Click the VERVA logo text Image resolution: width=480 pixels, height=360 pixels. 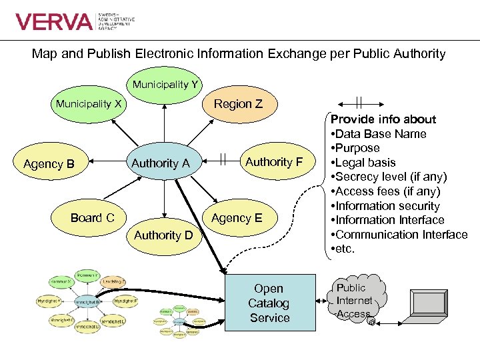coord(54,22)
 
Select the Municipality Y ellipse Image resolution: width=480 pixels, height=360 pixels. coord(165,85)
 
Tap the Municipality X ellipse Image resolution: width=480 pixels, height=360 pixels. coord(89,104)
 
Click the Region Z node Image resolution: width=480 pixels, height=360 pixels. coord(238,104)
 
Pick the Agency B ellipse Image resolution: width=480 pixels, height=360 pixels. coord(48,163)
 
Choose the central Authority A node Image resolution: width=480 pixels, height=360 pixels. coord(161,163)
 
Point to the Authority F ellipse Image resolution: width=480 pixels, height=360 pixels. coord(273,162)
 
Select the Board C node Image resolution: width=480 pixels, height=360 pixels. coord(93,218)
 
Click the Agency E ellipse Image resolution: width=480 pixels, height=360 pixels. coord(237,218)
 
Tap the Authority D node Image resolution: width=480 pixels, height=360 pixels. coord(163,235)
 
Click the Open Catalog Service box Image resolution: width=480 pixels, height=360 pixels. coord(269,303)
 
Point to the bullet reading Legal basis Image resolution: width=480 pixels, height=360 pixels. coord(364,163)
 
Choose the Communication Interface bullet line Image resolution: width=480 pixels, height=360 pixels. coord(400,235)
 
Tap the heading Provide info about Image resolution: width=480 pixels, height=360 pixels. coord(384,119)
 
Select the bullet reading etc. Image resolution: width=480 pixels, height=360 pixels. coord(344,249)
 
